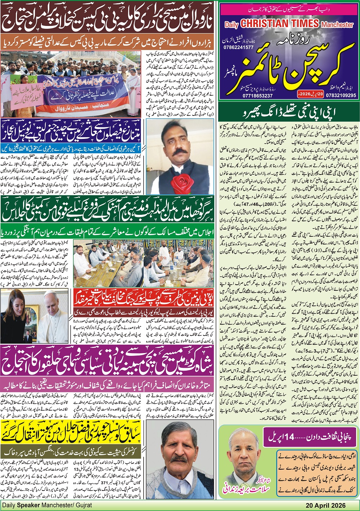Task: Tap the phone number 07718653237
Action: click(258, 96)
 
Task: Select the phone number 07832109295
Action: click(340, 95)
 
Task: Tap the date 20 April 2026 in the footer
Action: click(325, 506)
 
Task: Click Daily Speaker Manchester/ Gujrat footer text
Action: click(47, 506)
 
